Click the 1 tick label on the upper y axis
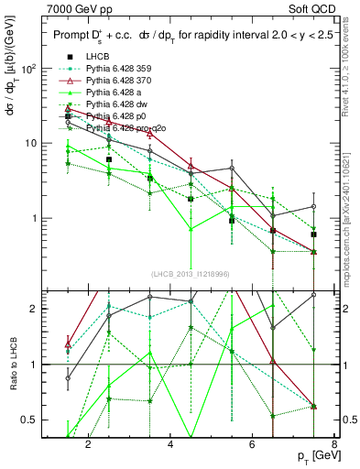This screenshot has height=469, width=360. [x=32, y=218]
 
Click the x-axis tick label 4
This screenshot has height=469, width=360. [x=171, y=445]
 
